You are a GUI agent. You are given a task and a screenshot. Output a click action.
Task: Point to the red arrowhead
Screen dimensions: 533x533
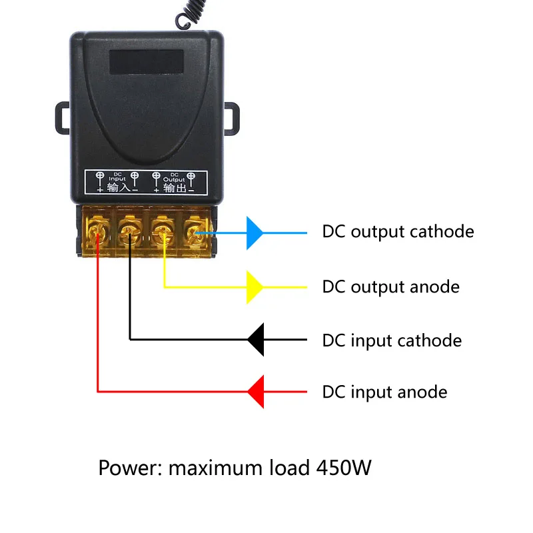(x=256, y=391)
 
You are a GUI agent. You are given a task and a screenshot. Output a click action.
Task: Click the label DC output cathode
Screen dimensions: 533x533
(x=398, y=232)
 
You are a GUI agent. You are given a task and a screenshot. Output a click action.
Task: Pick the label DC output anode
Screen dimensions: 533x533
(x=390, y=287)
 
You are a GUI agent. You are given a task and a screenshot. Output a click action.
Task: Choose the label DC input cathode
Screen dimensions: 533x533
(x=392, y=340)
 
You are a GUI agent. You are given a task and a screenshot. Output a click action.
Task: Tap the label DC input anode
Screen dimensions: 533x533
(x=384, y=392)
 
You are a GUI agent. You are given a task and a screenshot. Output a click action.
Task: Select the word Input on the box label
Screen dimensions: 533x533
(x=117, y=179)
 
